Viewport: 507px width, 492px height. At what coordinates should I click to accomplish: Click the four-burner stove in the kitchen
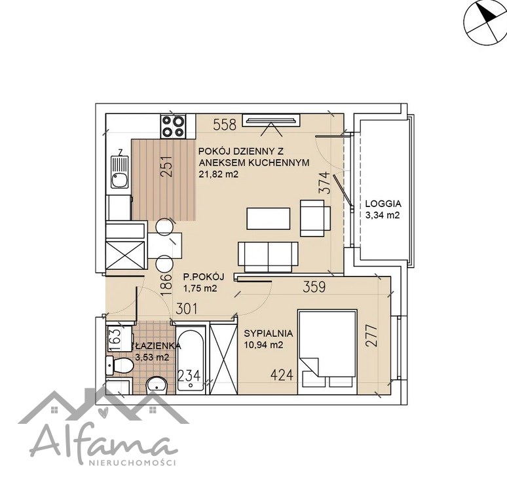pyautogui.click(x=173, y=126)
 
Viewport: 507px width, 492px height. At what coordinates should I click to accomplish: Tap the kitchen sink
pyautogui.click(x=119, y=172)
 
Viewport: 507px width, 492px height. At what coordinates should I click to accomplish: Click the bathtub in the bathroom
pyautogui.click(x=191, y=360)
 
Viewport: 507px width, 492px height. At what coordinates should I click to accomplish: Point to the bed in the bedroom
pyautogui.click(x=328, y=352)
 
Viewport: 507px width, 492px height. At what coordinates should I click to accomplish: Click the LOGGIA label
pyautogui.click(x=383, y=204)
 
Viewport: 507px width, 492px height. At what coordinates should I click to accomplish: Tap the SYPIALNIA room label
pyautogui.click(x=269, y=333)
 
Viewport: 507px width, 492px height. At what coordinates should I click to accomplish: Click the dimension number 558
pyautogui.click(x=225, y=125)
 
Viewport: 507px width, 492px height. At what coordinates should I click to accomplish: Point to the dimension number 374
pyautogui.click(x=325, y=183)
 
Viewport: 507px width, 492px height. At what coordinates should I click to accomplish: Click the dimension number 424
pyautogui.click(x=282, y=375)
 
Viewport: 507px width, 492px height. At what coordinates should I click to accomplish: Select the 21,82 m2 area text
pyautogui.click(x=219, y=174)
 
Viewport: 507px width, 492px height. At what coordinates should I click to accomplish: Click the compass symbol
pyautogui.click(x=485, y=23)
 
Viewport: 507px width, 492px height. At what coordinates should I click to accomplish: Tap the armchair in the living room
pyautogui.click(x=315, y=218)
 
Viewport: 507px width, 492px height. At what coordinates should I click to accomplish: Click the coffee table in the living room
pyautogui.click(x=269, y=219)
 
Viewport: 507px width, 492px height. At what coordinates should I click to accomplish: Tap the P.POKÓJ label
pyautogui.click(x=204, y=277)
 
